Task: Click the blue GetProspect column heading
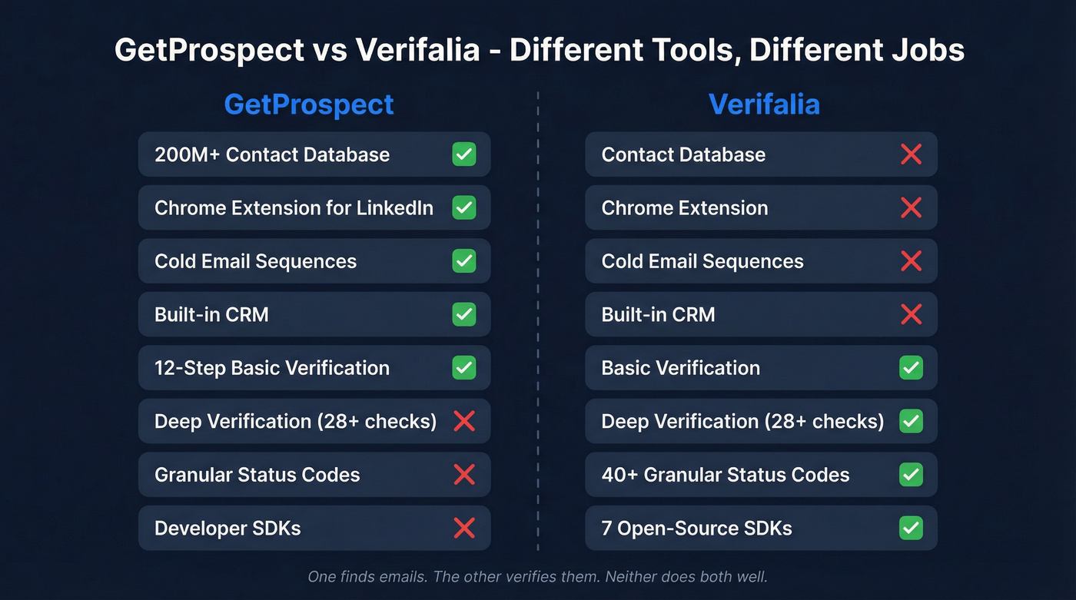(x=309, y=104)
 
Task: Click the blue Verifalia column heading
(x=764, y=104)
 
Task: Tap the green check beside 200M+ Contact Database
(x=464, y=154)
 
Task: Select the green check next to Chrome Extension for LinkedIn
(x=464, y=207)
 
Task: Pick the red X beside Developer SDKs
(x=464, y=528)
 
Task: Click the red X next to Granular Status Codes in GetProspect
(x=464, y=475)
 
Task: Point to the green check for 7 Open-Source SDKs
(x=912, y=528)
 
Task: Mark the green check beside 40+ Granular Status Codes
(x=912, y=475)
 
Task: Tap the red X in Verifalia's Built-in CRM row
(x=912, y=314)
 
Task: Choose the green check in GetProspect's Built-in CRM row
(x=464, y=314)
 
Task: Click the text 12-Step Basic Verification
(x=272, y=368)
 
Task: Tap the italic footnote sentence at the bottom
(x=538, y=576)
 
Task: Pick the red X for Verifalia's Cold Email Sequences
(x=912, y=261)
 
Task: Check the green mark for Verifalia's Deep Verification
(x=912, y=421)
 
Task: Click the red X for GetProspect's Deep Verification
(x=464, y=421)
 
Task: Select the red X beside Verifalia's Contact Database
(x=912, y=154)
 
